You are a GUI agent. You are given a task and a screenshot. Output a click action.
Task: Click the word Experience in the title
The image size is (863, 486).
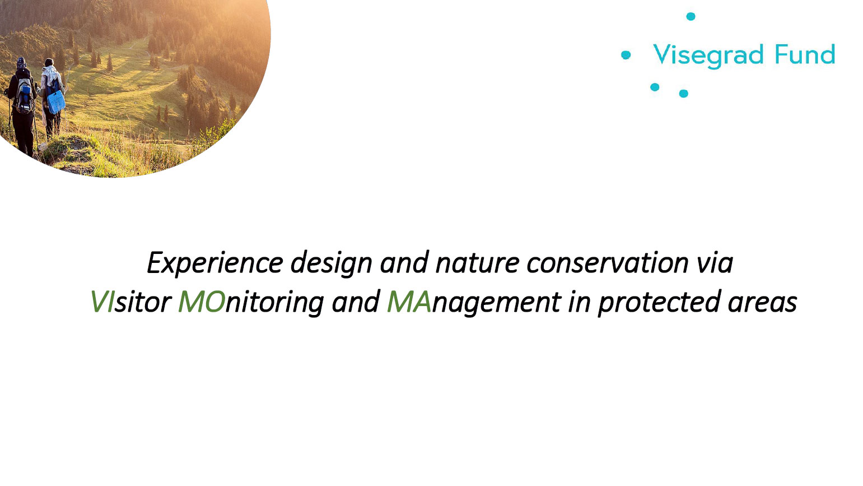pos(216,263)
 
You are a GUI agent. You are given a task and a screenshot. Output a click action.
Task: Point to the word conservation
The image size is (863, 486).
pos(608,263)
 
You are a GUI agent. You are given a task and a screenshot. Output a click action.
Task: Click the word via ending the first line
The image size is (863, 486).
pos(715,263)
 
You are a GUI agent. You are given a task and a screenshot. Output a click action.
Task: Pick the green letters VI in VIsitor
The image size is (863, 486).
pos(102,302)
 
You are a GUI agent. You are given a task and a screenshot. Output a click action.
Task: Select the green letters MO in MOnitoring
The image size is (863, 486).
pos(202,302)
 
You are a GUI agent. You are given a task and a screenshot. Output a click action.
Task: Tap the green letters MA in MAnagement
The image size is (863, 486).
pos(409,302)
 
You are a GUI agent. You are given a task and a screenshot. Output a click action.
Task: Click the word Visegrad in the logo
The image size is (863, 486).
pos(708,55)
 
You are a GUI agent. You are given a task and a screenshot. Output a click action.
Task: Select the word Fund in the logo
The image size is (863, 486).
pos(805,54)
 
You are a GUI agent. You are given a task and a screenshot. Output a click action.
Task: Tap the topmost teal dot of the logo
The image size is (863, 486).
pos(691,16)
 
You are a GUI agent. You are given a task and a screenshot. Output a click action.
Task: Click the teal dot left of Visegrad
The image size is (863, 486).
pos(626,55)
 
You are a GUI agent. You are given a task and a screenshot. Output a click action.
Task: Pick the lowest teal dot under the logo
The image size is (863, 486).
pos(683,94)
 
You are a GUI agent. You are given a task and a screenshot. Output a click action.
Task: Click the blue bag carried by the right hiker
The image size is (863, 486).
pos(55,102)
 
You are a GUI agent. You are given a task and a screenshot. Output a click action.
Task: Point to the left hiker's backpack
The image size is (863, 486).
pos(24,96)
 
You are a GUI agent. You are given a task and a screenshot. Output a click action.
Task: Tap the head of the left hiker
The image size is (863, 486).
pos(21,62)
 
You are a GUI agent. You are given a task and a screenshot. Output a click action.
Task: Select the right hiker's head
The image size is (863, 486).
pos(49,62)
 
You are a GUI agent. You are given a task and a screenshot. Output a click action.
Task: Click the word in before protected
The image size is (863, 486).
pos(580,302)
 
